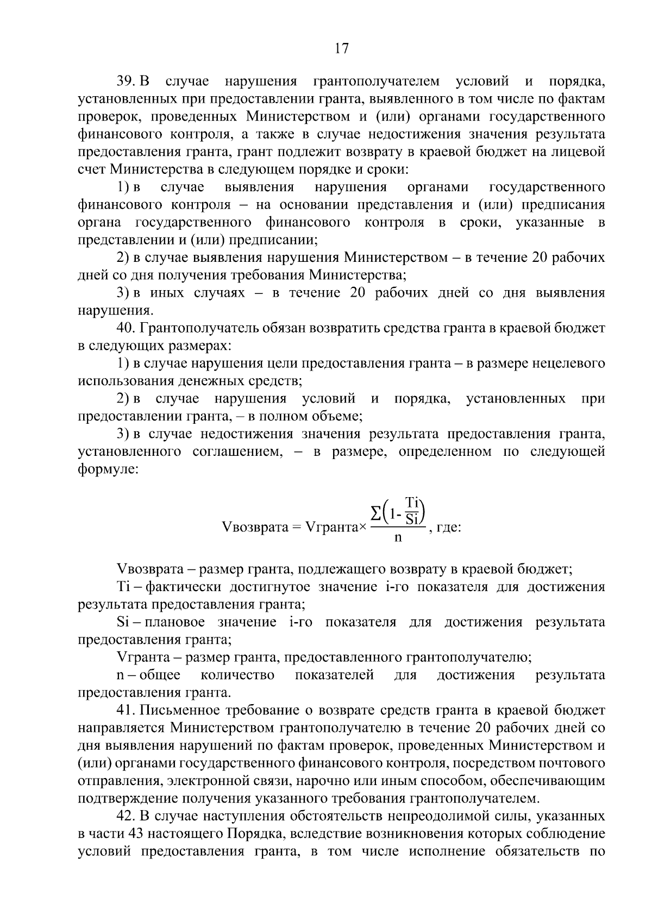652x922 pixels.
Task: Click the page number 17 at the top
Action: (341, 48)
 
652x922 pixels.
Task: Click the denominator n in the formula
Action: (398, 538)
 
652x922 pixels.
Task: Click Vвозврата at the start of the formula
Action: (254, 527)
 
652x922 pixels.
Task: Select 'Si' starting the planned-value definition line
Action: (122, 622)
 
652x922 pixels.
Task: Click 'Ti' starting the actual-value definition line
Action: (122, 587)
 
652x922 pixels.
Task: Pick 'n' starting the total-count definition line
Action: (120, 675)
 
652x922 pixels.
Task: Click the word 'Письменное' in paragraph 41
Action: (182, 710)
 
